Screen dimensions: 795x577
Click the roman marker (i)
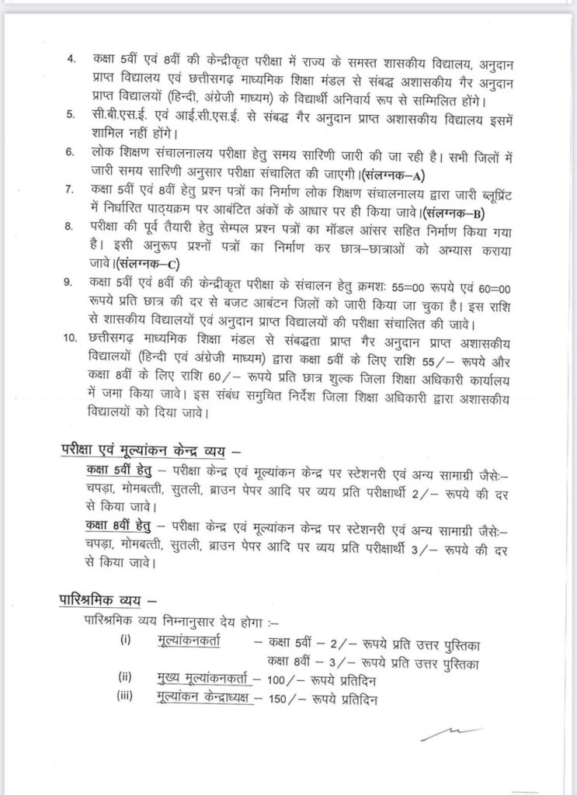pos(126,640)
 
